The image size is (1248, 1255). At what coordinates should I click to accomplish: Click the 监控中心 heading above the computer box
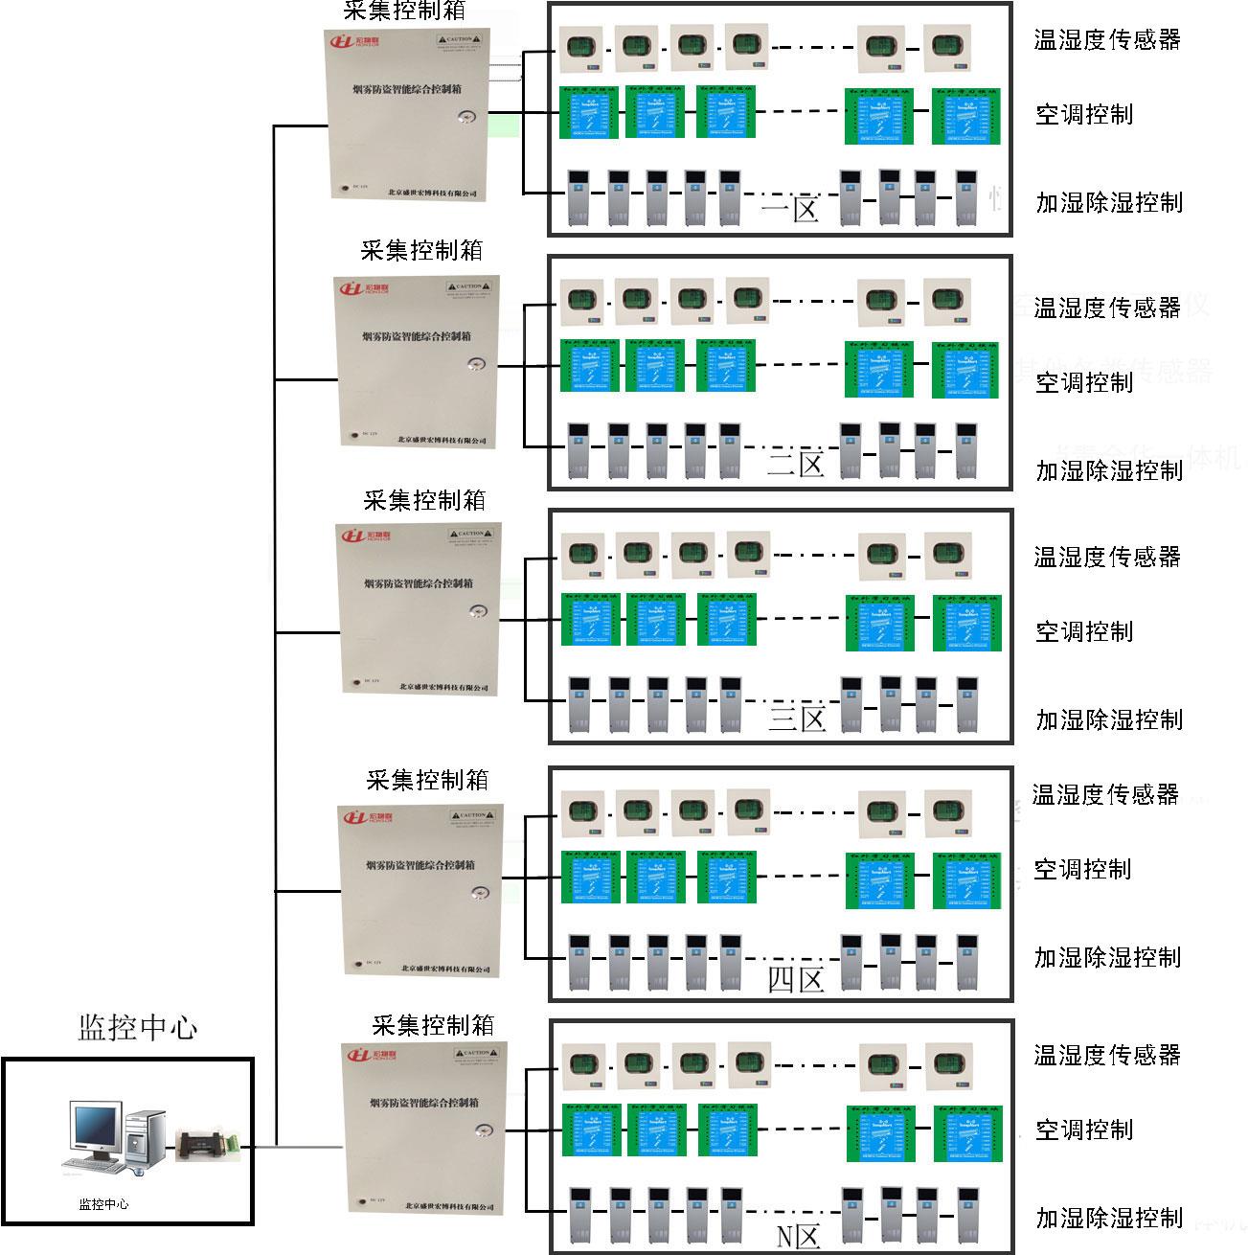point(137,1028)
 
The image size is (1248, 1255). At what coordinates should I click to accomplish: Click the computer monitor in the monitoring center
point(96,1129)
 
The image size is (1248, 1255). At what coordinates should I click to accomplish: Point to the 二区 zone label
point(795,465)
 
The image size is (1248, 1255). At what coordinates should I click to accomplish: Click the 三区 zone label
point(796,718)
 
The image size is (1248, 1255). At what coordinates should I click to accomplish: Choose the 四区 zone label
point(796,979)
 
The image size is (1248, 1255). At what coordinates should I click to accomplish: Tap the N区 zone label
point(798,1237)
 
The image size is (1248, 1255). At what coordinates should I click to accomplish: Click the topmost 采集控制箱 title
point(405,11)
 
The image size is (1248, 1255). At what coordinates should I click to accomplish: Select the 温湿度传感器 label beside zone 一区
point(1106,39)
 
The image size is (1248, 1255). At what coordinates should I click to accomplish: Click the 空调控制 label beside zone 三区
point(1083,631)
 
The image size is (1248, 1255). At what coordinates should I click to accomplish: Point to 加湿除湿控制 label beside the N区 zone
point(1109,1218)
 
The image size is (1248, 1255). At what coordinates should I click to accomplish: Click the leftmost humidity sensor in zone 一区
point(580,48)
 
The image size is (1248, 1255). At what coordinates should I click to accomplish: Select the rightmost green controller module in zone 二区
point(965,369)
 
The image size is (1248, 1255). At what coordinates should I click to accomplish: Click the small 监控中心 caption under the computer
point(102,1204)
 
